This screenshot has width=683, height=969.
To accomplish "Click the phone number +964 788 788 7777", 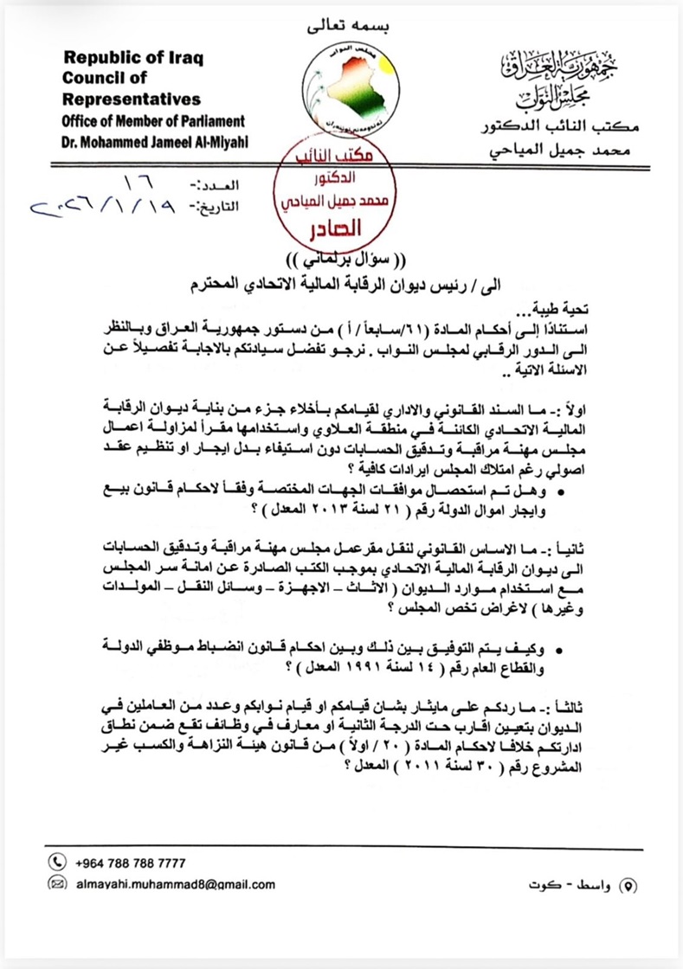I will [130, 863].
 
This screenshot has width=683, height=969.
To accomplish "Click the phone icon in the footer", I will [58, 862].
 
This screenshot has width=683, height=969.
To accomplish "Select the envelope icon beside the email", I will [58, 883].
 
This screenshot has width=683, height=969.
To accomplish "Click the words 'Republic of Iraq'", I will [130, 60].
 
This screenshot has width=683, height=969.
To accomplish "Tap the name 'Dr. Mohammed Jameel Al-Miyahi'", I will [154, 142].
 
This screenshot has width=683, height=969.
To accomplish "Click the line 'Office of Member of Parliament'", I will [152, 121].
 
